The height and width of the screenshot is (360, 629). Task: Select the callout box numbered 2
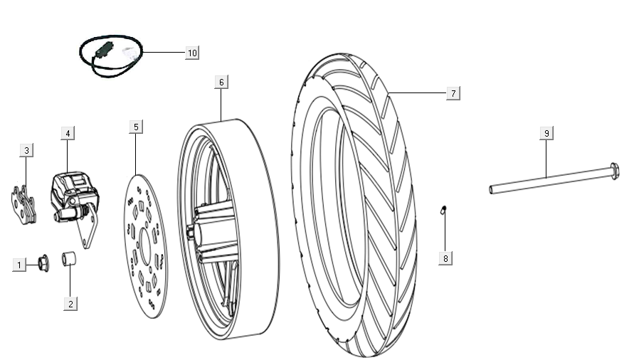[70, 303]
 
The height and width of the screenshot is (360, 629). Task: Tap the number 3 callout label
[26, 150]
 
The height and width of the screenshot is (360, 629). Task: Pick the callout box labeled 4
[67, 133]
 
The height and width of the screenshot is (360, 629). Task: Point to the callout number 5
[136, 127]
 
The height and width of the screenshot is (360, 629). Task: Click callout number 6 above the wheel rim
[221, 83]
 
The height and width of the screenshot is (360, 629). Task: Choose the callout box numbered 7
[453, 93]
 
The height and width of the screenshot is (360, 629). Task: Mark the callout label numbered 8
[445, 258]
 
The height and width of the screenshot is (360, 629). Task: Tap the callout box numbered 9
[546, 133]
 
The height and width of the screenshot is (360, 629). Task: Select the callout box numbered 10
[191, 53]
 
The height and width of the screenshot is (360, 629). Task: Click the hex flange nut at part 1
[41, 264]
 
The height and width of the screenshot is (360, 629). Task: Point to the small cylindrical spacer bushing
[70, 258]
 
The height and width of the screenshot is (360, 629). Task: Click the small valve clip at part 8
[443, 210]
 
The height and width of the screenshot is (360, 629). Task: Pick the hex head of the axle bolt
[614, 171]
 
